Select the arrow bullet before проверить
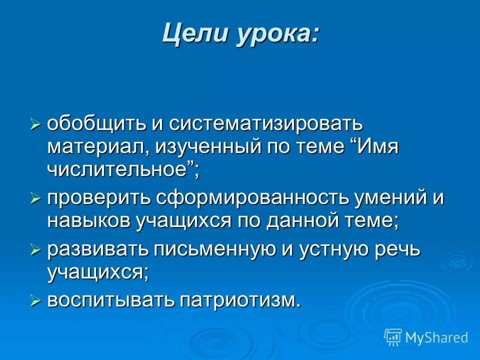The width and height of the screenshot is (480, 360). [35, 199]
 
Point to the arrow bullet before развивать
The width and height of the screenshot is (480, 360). [35, 249]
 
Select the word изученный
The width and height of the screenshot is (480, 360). [208, 148]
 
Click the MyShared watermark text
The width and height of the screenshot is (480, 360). [436, 337]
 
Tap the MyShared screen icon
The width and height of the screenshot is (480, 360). [393, 337]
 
